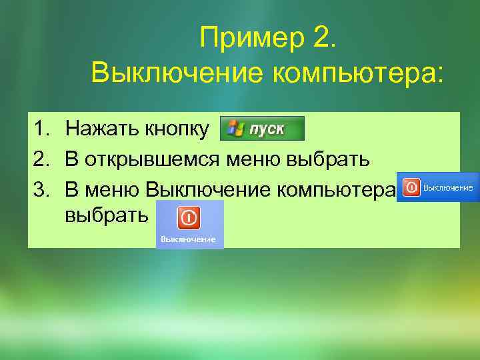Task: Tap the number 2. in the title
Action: coord(324,37)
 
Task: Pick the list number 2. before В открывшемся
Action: coord(43,159)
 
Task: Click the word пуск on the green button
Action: coord(267,129)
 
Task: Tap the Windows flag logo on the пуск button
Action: coord(235,128)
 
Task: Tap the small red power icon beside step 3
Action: coord(412,188)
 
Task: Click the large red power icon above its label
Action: coord(188,217)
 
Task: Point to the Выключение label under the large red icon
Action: coord(190,239)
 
